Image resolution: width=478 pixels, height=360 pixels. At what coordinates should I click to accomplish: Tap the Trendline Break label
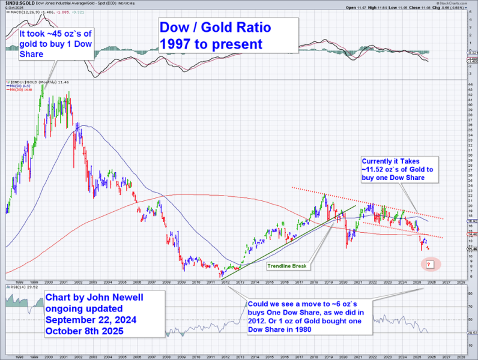tap(288, 266)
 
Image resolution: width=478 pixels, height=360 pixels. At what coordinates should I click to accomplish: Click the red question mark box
tap(429, 264)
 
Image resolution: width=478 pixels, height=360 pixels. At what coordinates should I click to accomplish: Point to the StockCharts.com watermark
tap(455, 3)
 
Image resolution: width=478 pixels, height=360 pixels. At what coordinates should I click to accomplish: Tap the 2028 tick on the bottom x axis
tap(460, 282)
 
